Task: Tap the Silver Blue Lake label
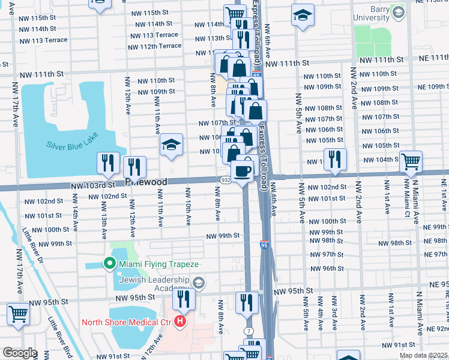pyautogui.click(x=71, y=145)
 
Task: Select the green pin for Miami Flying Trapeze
pyautogui.click(x=109, y=263)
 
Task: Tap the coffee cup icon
pyautogui.click(x=242, y=172)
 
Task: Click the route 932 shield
pyautogui.click(x=225, y=180)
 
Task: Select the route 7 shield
pyautogui.click(x=248, y=332)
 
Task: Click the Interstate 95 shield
pyautogui.click(x=264, y=244)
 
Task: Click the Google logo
pyautogui.click(x=20, y=353)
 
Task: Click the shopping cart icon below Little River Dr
pyautogui.click(x=19, y=313)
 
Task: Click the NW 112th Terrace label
pyautogui.click(x=155, y=46)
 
